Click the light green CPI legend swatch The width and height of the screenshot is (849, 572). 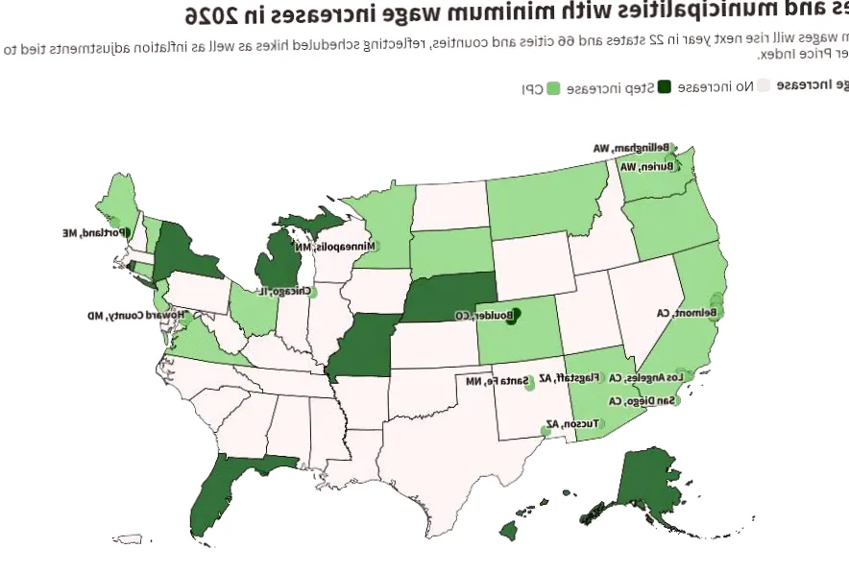pyautogui.click(x=553, y=88)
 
